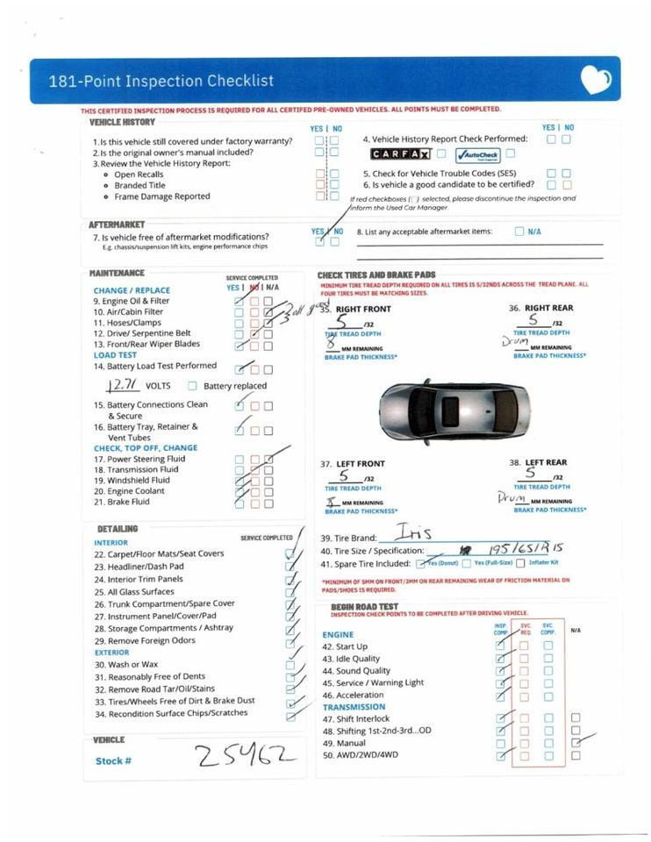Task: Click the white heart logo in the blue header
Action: pyautogui.click(x=596, y=81)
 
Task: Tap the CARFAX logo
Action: pyautogui.click(x=399, y=154)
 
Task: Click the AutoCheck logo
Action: pyautogui.click(x=476, y=155)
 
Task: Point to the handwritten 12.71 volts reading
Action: pyautogui.click(x=121, y=385)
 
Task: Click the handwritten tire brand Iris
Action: pyautogui.click(x=409, y=532)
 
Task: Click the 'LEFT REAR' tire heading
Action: pyautogui.click(x=545, y=463)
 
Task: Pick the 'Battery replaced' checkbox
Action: pyautogui.click(x=192, y=386)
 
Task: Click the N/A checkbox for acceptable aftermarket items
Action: pyautogui.click(x=519, y=232)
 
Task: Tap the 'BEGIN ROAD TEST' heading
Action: pyautogui.click(x=364, y=607)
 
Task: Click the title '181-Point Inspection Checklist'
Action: pyautogui.click(x=161, y=82)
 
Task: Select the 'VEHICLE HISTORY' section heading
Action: pyautogui.click(x=122, y=123)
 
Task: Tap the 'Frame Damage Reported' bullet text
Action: pyautogui.click(x=162, y=196)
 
